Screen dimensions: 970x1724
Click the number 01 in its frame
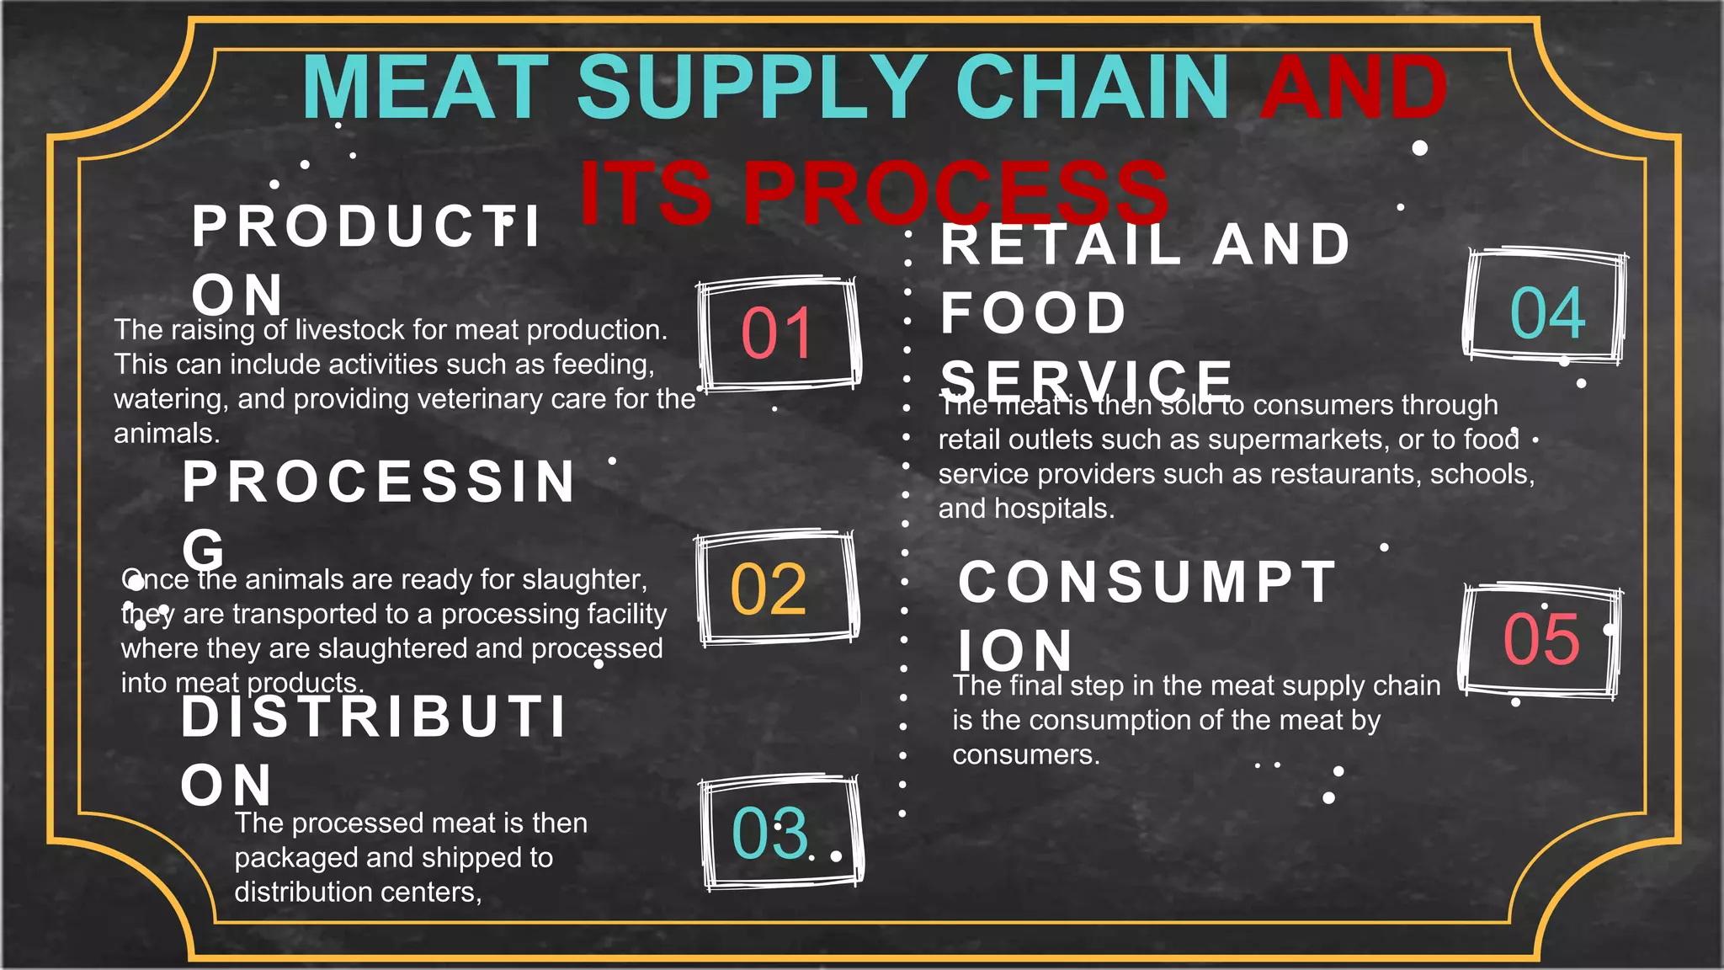pyautogui.click(x=776, y=333)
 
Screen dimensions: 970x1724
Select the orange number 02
pyautogui.click(x=769, y=589)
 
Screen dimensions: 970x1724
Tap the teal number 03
pyautogui.click(x=769, y=834)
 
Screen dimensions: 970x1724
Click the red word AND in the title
pyautogui.click(x=1354, y=88)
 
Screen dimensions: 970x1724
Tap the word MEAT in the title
pyautogui.click(x=426, y=88)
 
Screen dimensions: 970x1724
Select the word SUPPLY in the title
pyautogui.click(x=752, y=88)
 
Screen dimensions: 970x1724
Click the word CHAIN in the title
pyautogui.click(x=1092, y=88)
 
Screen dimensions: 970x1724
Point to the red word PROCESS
pyautogui.click(x=956, y=193)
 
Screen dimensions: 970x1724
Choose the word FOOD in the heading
pyautogui.click(x=1034, y=313)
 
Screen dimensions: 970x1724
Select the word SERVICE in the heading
pyautogui.click(x=1087, y=381)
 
